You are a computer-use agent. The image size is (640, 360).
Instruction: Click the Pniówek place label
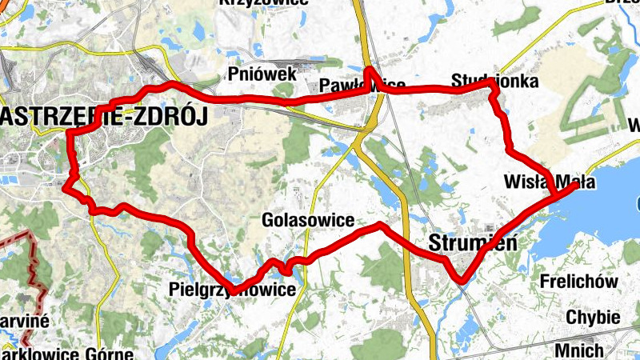[262, 74]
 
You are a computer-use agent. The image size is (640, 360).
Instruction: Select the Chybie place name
[593, 318]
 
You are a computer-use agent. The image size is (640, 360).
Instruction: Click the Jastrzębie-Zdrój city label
[104, 117]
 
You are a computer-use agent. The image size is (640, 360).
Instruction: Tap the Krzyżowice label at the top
[263, 3]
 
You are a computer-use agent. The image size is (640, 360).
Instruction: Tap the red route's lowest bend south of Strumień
[461, 279]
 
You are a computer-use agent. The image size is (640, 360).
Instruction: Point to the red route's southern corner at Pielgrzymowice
[232, 290]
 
